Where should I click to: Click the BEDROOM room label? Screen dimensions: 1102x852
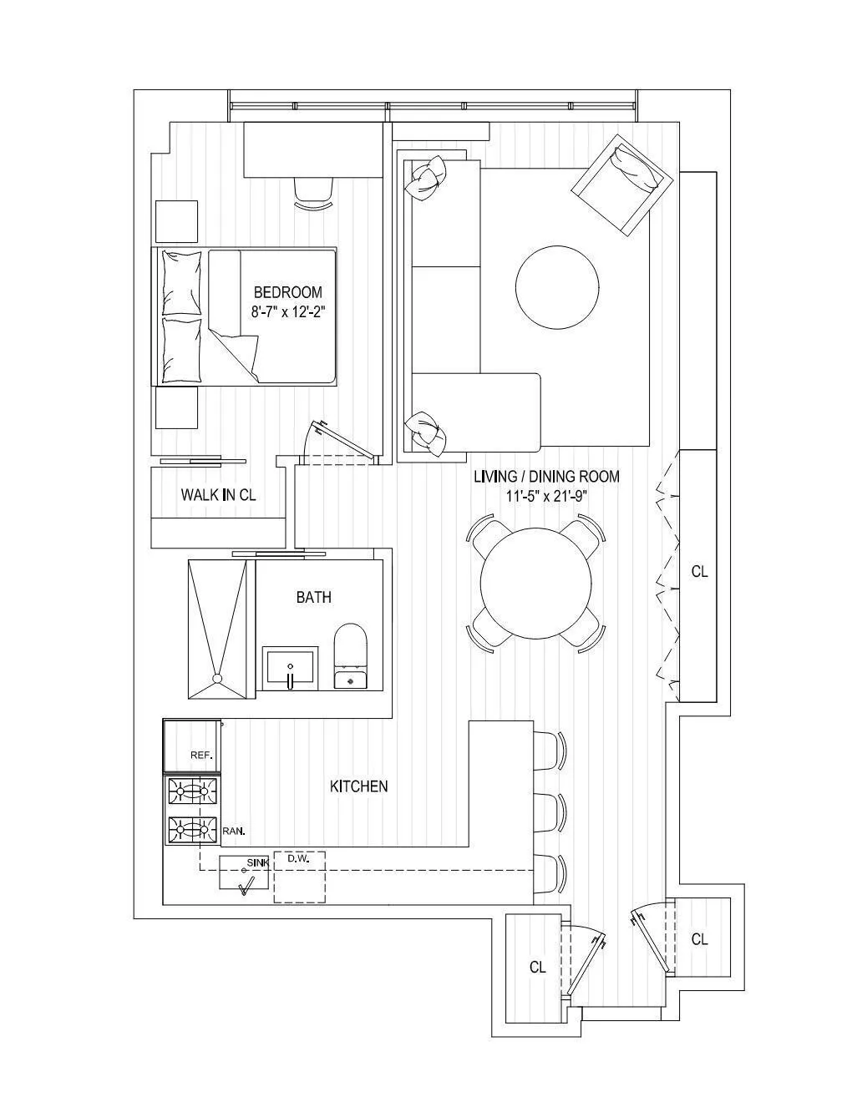coord(287,292)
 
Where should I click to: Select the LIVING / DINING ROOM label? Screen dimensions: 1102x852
coord(546,477)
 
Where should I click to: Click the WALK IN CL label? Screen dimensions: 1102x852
coord(218,495)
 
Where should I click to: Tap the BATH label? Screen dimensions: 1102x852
coord(313,597)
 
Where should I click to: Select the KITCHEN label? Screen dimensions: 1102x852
coord(358,786)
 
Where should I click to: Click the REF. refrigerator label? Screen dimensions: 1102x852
coord(201,755)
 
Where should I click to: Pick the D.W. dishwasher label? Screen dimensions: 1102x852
coord(298,858)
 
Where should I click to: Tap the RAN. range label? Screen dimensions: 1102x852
coord(234,832)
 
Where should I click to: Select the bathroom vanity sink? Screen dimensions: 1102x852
coord(290,669)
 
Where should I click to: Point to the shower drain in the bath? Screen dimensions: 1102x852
coord(218,679)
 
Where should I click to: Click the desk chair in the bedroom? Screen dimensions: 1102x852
coord(313,191)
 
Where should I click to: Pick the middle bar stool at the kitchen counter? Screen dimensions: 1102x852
coord(549,811)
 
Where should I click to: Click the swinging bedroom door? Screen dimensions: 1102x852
coord(342,440)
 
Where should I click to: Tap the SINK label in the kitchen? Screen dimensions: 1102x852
coord(257,862)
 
